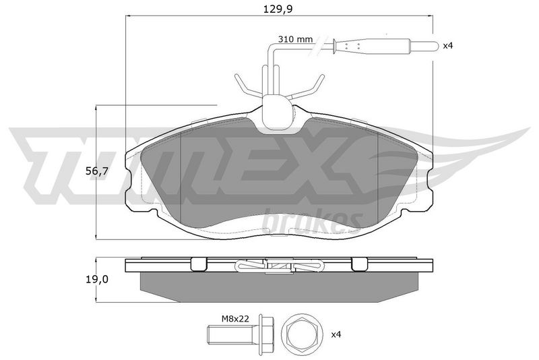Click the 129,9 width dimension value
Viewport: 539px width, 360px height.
point(278,9)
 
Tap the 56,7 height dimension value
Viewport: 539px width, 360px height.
point(97,171)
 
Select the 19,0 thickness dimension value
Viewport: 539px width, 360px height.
point(97,280)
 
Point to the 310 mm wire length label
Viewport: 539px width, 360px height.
point(296,39)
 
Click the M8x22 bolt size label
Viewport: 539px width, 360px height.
point(234,319)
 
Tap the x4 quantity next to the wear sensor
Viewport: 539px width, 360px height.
point(448,45)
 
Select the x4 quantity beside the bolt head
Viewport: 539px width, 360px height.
point(336,334)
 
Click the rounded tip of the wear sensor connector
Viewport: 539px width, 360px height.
point(436,45)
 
